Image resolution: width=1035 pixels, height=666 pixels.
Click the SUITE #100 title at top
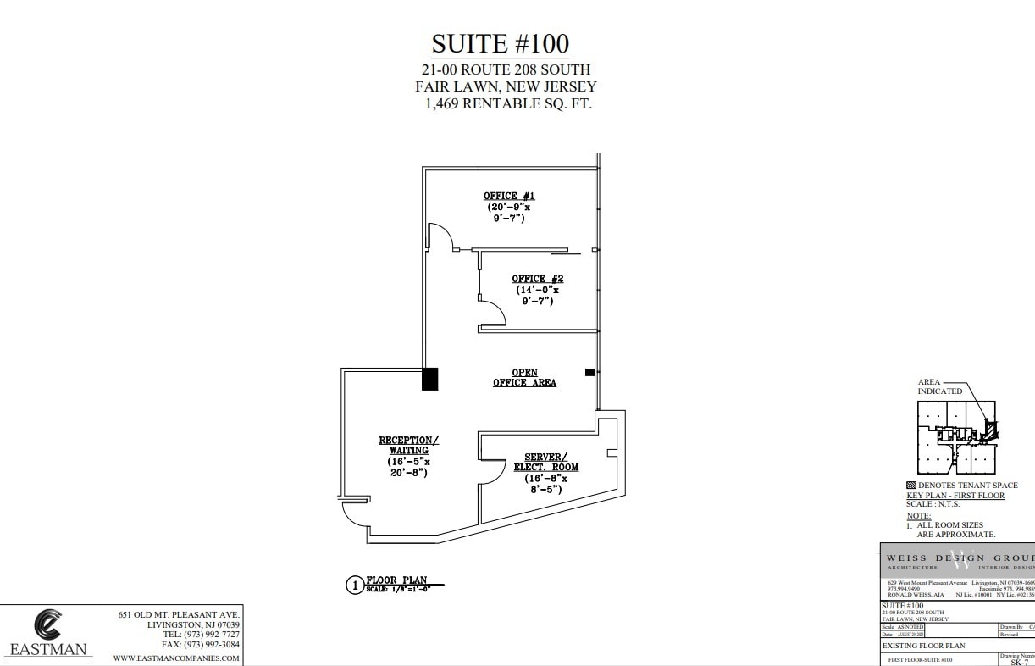(500, 43)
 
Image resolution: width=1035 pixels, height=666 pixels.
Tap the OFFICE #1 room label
(509, 196)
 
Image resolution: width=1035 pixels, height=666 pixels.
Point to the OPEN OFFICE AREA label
(525, 378)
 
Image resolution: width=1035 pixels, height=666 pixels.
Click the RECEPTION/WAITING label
(409, 445)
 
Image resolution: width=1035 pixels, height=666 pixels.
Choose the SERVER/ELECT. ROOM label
(545, 462)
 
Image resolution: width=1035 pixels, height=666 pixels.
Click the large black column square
(430, 378)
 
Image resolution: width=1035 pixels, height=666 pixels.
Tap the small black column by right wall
(589, 372)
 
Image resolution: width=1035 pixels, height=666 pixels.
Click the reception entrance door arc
(354, 513)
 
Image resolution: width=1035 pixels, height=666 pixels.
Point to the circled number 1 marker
(355, 585)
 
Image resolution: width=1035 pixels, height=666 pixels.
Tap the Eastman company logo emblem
(47, 625)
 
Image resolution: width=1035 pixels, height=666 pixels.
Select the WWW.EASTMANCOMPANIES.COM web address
(176, 658)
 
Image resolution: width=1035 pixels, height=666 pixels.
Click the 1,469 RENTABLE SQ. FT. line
(508, 104)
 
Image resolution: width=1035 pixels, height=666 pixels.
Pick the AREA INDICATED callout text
(940, 386)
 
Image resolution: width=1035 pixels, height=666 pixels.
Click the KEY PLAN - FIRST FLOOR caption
(955, 495)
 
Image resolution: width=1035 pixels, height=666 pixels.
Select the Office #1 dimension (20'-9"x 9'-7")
(508, 212)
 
